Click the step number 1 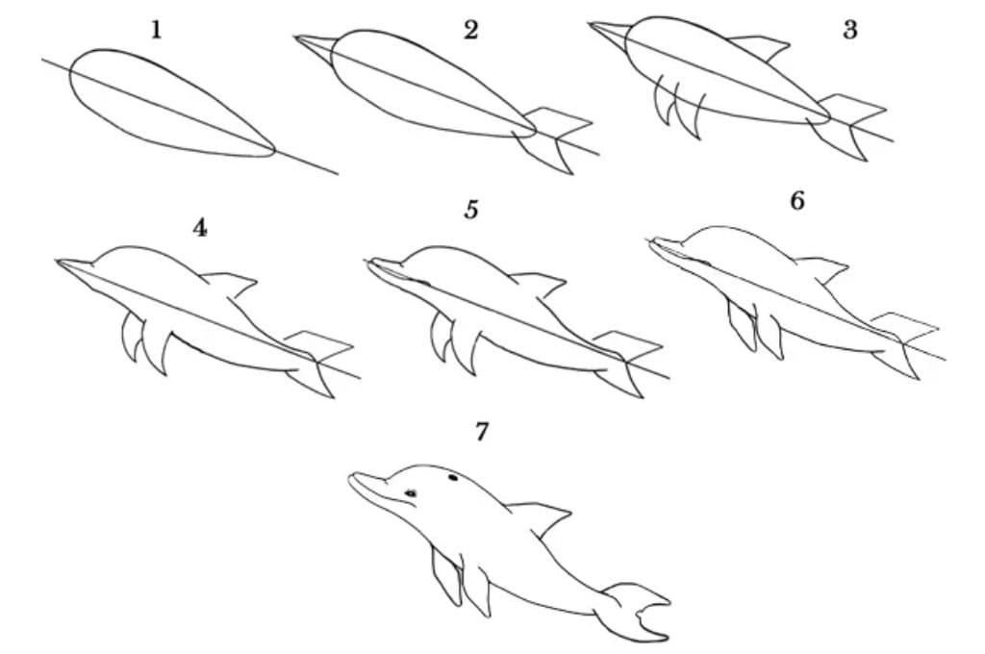point(157,30)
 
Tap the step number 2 point(470,30)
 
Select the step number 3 point(850,30)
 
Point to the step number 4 point(200,227)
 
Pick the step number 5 point(471,209)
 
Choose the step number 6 point(797,200)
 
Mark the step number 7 point(481,432)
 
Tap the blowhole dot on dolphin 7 point(452,478)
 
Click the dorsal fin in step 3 point(762,47)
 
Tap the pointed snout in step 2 point(315,45)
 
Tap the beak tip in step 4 point(57,260)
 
